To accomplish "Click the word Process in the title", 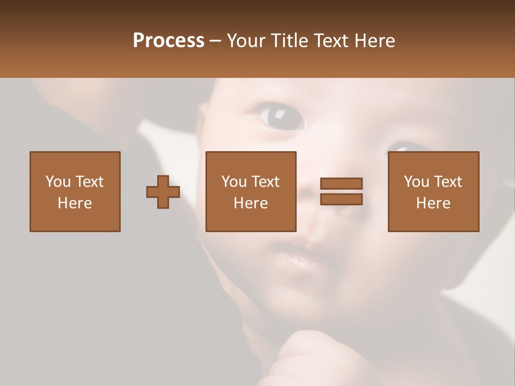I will click(x=168, y=40).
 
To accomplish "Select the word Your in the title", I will click(x=247, y=41).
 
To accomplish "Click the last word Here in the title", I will click(x=374, y=41).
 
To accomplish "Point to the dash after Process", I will click(x=216, y=41).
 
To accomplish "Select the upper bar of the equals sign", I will click(x=341, y=184).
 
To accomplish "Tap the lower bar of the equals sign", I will click(x=341, y=199).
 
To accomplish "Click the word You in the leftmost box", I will click(x=58, y=182).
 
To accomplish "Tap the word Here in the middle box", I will click(x=251, y=203).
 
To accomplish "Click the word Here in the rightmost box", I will click(x=433, y=203).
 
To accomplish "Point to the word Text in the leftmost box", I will click(x=89, y=182).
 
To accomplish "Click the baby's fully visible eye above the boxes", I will click(x=279, y=116).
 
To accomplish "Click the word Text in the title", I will click(x=332, y=41).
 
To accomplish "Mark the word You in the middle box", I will click(x=234, y=182).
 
